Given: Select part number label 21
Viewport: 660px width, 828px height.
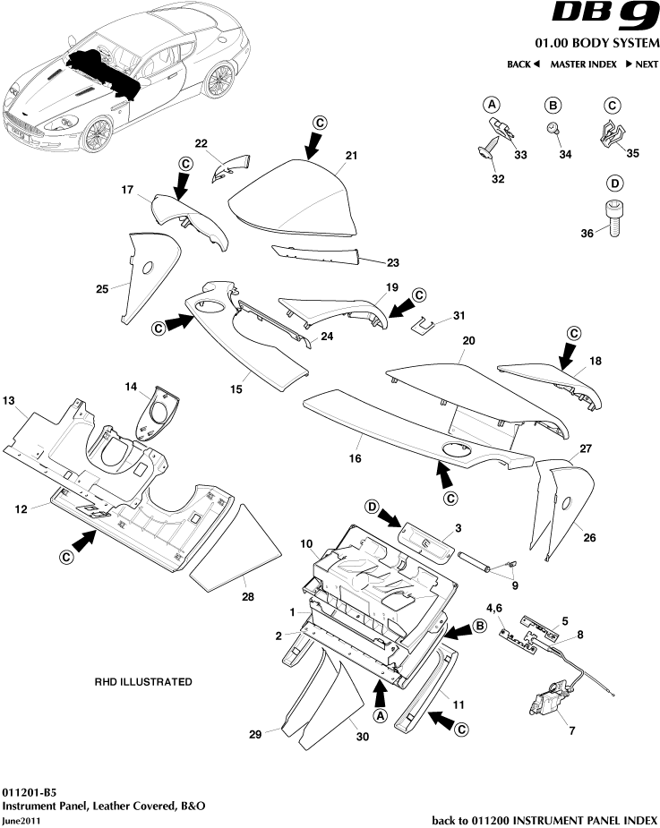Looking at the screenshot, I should point(351,156).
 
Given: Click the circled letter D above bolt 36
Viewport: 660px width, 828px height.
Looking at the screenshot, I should point(614,184).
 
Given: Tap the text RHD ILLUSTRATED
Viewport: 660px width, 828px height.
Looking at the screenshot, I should point(143,681).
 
